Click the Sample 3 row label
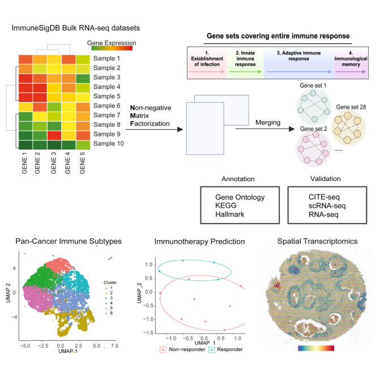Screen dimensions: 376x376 click(x=106, y=77)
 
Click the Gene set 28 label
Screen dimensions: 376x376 click(x=351, y=107)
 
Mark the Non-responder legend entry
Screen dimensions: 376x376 click(x=184, y=349)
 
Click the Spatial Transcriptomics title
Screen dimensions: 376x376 click(x=317, y=241)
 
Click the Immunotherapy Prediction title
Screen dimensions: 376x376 click(x=193, y=241)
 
